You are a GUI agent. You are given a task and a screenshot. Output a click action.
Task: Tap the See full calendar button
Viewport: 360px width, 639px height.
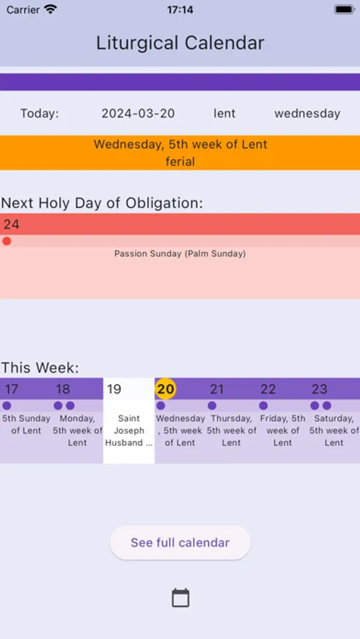click(x=180, y=542)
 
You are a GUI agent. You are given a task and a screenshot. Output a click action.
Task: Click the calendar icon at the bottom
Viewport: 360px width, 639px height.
click(x=180, y=598)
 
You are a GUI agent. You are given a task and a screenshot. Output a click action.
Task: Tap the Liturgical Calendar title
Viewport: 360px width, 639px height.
click(x=180, y=43)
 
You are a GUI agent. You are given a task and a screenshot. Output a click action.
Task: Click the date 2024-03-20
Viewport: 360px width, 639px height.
click(x=138, y=114)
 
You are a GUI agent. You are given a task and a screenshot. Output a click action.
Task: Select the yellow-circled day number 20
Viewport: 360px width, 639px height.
click(x=165, y=389)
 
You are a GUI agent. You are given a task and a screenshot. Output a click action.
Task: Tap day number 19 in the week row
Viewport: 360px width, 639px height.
click(x=114, y=389)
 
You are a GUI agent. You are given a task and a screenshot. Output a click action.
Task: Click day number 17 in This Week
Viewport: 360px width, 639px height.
click(x=11, y=389)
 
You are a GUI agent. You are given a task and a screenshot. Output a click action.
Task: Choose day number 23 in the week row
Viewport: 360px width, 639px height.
click(x=320, y=389)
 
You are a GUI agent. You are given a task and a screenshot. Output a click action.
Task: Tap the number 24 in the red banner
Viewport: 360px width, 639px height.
click(x=11, y=224)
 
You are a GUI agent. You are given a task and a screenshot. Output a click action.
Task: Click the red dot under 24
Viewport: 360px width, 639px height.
click(x=6, y=241)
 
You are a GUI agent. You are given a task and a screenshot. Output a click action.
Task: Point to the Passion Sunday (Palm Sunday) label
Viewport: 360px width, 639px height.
click(x=180, y=253)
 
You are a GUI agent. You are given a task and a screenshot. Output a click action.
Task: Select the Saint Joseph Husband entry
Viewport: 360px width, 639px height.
click(x=129, y=430)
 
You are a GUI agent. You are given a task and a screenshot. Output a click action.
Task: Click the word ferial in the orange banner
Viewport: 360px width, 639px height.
click(x=180, y=162)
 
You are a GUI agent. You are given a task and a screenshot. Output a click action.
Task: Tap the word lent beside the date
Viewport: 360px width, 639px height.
click(x=224, y=114)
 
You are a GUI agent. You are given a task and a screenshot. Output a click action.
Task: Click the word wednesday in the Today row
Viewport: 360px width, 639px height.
click(x=307, y=114)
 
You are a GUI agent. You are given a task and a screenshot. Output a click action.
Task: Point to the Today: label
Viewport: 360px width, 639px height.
click(x=40, y=114)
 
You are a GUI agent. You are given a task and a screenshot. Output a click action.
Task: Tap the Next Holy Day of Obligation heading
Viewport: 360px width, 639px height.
click(x=102, y=203)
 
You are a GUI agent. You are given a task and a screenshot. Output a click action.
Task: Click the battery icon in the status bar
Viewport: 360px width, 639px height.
click(x=344, y=10)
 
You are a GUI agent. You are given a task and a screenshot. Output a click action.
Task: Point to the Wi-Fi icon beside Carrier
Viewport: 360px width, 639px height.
click(x=50, y=10)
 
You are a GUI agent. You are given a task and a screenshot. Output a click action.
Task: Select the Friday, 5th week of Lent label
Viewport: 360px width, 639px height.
click(x=283, y=430)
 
